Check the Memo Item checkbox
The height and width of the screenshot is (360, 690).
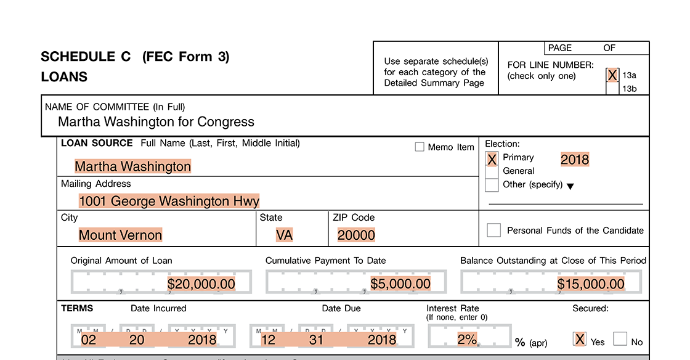point(420,147)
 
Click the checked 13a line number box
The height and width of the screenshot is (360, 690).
point(612,75)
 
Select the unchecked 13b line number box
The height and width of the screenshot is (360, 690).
point(612,89)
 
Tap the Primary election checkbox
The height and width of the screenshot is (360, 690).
point(492,159)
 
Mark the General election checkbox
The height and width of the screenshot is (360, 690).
point(492,171)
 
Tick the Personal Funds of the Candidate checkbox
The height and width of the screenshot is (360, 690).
point(493,230)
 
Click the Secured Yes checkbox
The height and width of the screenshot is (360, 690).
point(579,339)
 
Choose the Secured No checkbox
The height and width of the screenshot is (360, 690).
point(620,339)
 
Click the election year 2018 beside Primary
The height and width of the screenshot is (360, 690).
point(575,160)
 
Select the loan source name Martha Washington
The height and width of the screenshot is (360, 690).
point(133,166)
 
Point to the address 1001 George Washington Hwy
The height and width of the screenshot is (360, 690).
point(169,201)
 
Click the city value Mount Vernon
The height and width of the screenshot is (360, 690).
point(120,235)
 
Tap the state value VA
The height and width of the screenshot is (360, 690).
point(284,235)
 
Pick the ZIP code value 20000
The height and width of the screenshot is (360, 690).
point(356,235)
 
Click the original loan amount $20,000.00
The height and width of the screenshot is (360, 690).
point(201,284)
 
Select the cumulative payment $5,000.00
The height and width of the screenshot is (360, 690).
point(400,284)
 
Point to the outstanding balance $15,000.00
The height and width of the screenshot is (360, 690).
point(591,284)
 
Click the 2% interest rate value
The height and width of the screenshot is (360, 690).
point(467,339)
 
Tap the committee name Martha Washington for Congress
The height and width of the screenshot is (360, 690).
point(156,121)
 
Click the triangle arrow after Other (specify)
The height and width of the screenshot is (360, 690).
point(570,186)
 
